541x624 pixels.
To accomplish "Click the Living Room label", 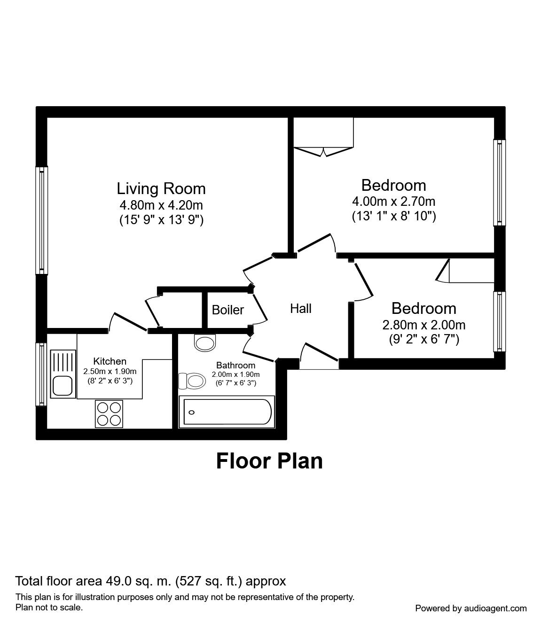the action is coord(161,189).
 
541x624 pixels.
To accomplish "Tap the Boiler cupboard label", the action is coord(228,310).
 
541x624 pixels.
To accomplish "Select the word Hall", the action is coord(300,309).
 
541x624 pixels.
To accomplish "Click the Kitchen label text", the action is coord(110,361).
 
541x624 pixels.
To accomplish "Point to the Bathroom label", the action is coord(235,365).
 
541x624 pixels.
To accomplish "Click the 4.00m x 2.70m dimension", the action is coord(393,201).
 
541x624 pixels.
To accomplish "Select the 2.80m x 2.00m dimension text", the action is coord(424,325).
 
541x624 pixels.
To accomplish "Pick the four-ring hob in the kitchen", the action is coord(109,414).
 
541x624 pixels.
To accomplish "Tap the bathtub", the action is coord(227,412).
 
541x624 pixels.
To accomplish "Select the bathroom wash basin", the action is coord(205,343).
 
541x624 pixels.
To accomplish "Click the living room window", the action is coord(42,221).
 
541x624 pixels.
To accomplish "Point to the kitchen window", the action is coord(41,374).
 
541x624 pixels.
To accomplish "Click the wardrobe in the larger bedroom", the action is coord(323,137).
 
